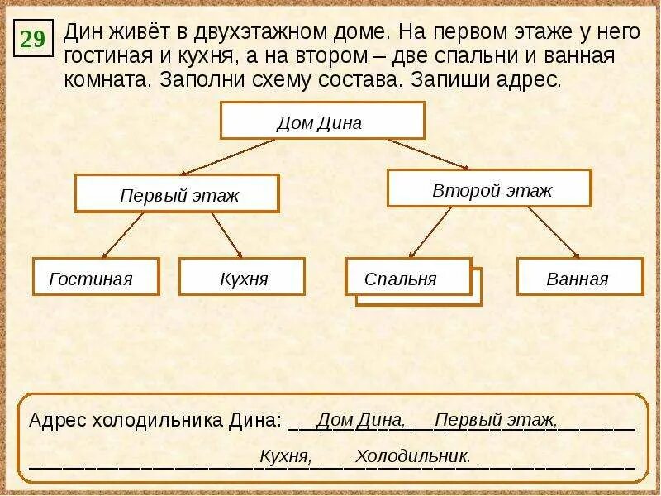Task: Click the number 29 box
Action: pos(33,38)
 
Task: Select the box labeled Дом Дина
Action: pos(322,121)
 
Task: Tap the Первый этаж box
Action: pos(178,193)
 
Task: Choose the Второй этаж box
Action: pos(489,188)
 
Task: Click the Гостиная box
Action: pos(95,277)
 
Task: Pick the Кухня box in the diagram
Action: pos(242,277)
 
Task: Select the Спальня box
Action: pos(407,278)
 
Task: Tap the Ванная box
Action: pos(579,277)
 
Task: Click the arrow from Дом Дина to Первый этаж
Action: pos(228,156)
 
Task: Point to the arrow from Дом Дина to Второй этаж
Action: pos(428,154)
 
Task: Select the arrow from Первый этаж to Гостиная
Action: pos(123,235)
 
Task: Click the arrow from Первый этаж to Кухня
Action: pos(226,235)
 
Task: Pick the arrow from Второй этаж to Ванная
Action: pos(554,232)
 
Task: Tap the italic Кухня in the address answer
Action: pos(285,455)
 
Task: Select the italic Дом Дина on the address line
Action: pos(360,420)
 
